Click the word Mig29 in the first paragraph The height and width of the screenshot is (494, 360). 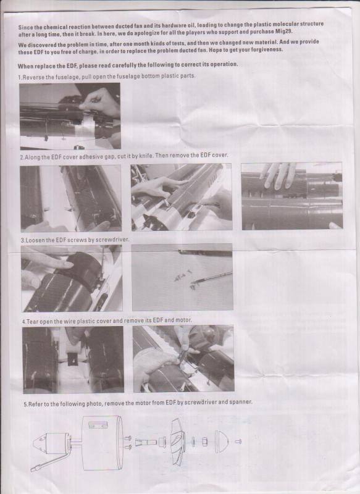coord(284,31)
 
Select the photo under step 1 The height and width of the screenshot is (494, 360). coord(70,116)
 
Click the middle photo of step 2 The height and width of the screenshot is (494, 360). coord(182,197)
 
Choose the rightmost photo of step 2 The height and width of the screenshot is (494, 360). coord(292,196)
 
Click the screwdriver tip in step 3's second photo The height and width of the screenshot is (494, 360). coord(193,282)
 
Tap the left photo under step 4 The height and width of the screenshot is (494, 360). coord(73,360)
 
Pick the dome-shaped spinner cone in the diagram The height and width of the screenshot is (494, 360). coord(222,442)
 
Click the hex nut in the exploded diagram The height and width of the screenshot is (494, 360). coord(205,442)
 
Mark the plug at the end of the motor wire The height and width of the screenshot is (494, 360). coord(35,469)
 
